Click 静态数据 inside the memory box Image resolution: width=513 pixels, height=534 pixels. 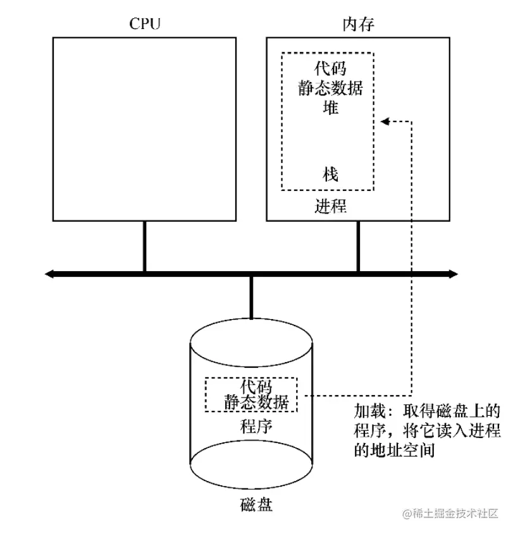tap(330, 88)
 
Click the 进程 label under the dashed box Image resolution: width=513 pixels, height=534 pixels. tap(330, 206)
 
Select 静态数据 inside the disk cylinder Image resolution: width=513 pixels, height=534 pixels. tap(256, 402)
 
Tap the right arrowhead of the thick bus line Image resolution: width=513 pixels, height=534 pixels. tap(453, 274)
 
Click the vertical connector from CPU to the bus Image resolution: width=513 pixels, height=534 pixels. tap(145, 246)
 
